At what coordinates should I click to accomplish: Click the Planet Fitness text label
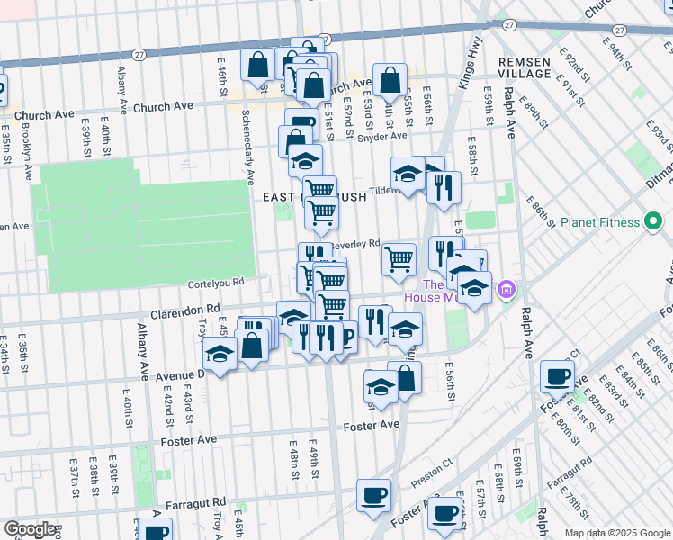(599, 222)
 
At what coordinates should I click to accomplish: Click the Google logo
(30, 530)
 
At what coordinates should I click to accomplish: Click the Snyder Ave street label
(381, 137)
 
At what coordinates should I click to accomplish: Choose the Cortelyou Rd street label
(216, 282)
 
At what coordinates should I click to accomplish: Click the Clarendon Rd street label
(186, 309)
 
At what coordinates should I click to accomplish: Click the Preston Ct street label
(435, 471)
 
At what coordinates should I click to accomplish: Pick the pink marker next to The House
(507, 290)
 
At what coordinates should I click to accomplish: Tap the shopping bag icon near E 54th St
(390, 80)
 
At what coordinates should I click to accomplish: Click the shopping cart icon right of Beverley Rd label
(399, 259)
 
